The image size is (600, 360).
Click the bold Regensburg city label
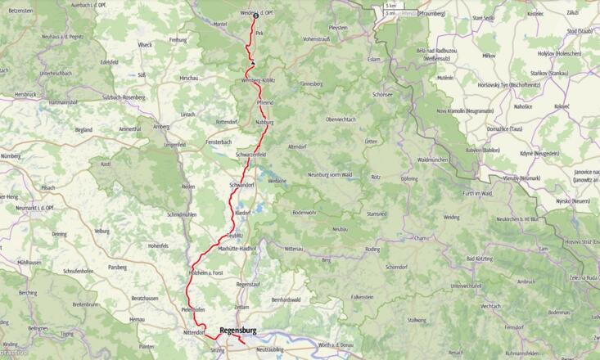click(238, 331)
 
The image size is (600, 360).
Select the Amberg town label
click(160, 127)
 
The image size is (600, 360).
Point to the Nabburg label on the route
click(264, 122)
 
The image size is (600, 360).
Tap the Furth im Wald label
click(476, 193)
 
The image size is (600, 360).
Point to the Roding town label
click(372, 249)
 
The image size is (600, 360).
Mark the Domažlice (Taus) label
click(504, 129)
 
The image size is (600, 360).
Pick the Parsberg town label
click(117, 267)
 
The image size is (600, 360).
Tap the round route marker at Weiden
click(255, 16)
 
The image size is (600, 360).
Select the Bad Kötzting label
click(480, 259)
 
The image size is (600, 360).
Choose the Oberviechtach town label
click(341, 119)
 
